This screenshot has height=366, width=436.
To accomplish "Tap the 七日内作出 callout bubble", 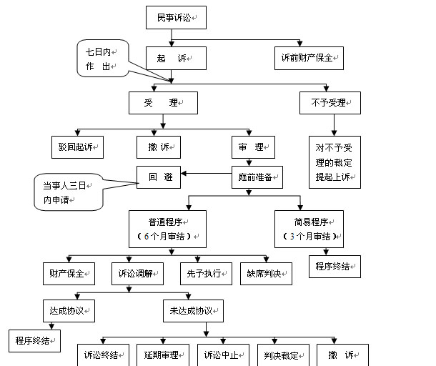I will click(102, 59).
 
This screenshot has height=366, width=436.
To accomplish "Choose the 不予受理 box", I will click(330, 103).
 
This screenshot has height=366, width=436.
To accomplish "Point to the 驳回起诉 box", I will click(76, 147).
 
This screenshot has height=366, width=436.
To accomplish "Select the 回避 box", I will click(159, 174).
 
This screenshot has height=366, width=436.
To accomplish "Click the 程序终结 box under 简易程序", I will click(334, 266).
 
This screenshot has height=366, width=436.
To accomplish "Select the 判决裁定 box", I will click(280, 355).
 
